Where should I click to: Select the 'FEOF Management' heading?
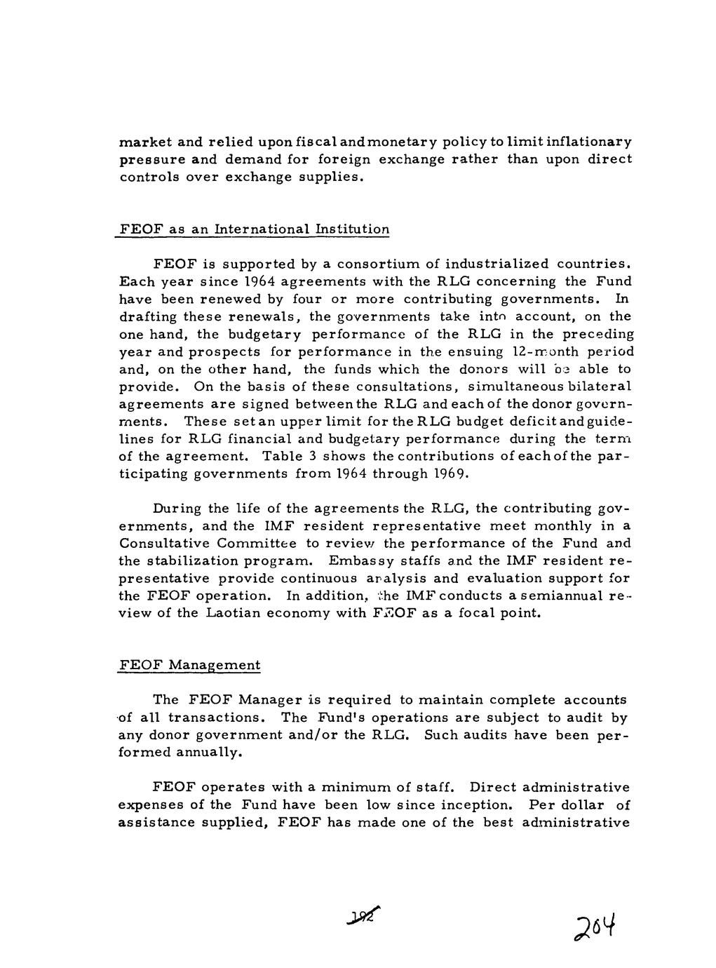pyautogui.click(x=189, y=665)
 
